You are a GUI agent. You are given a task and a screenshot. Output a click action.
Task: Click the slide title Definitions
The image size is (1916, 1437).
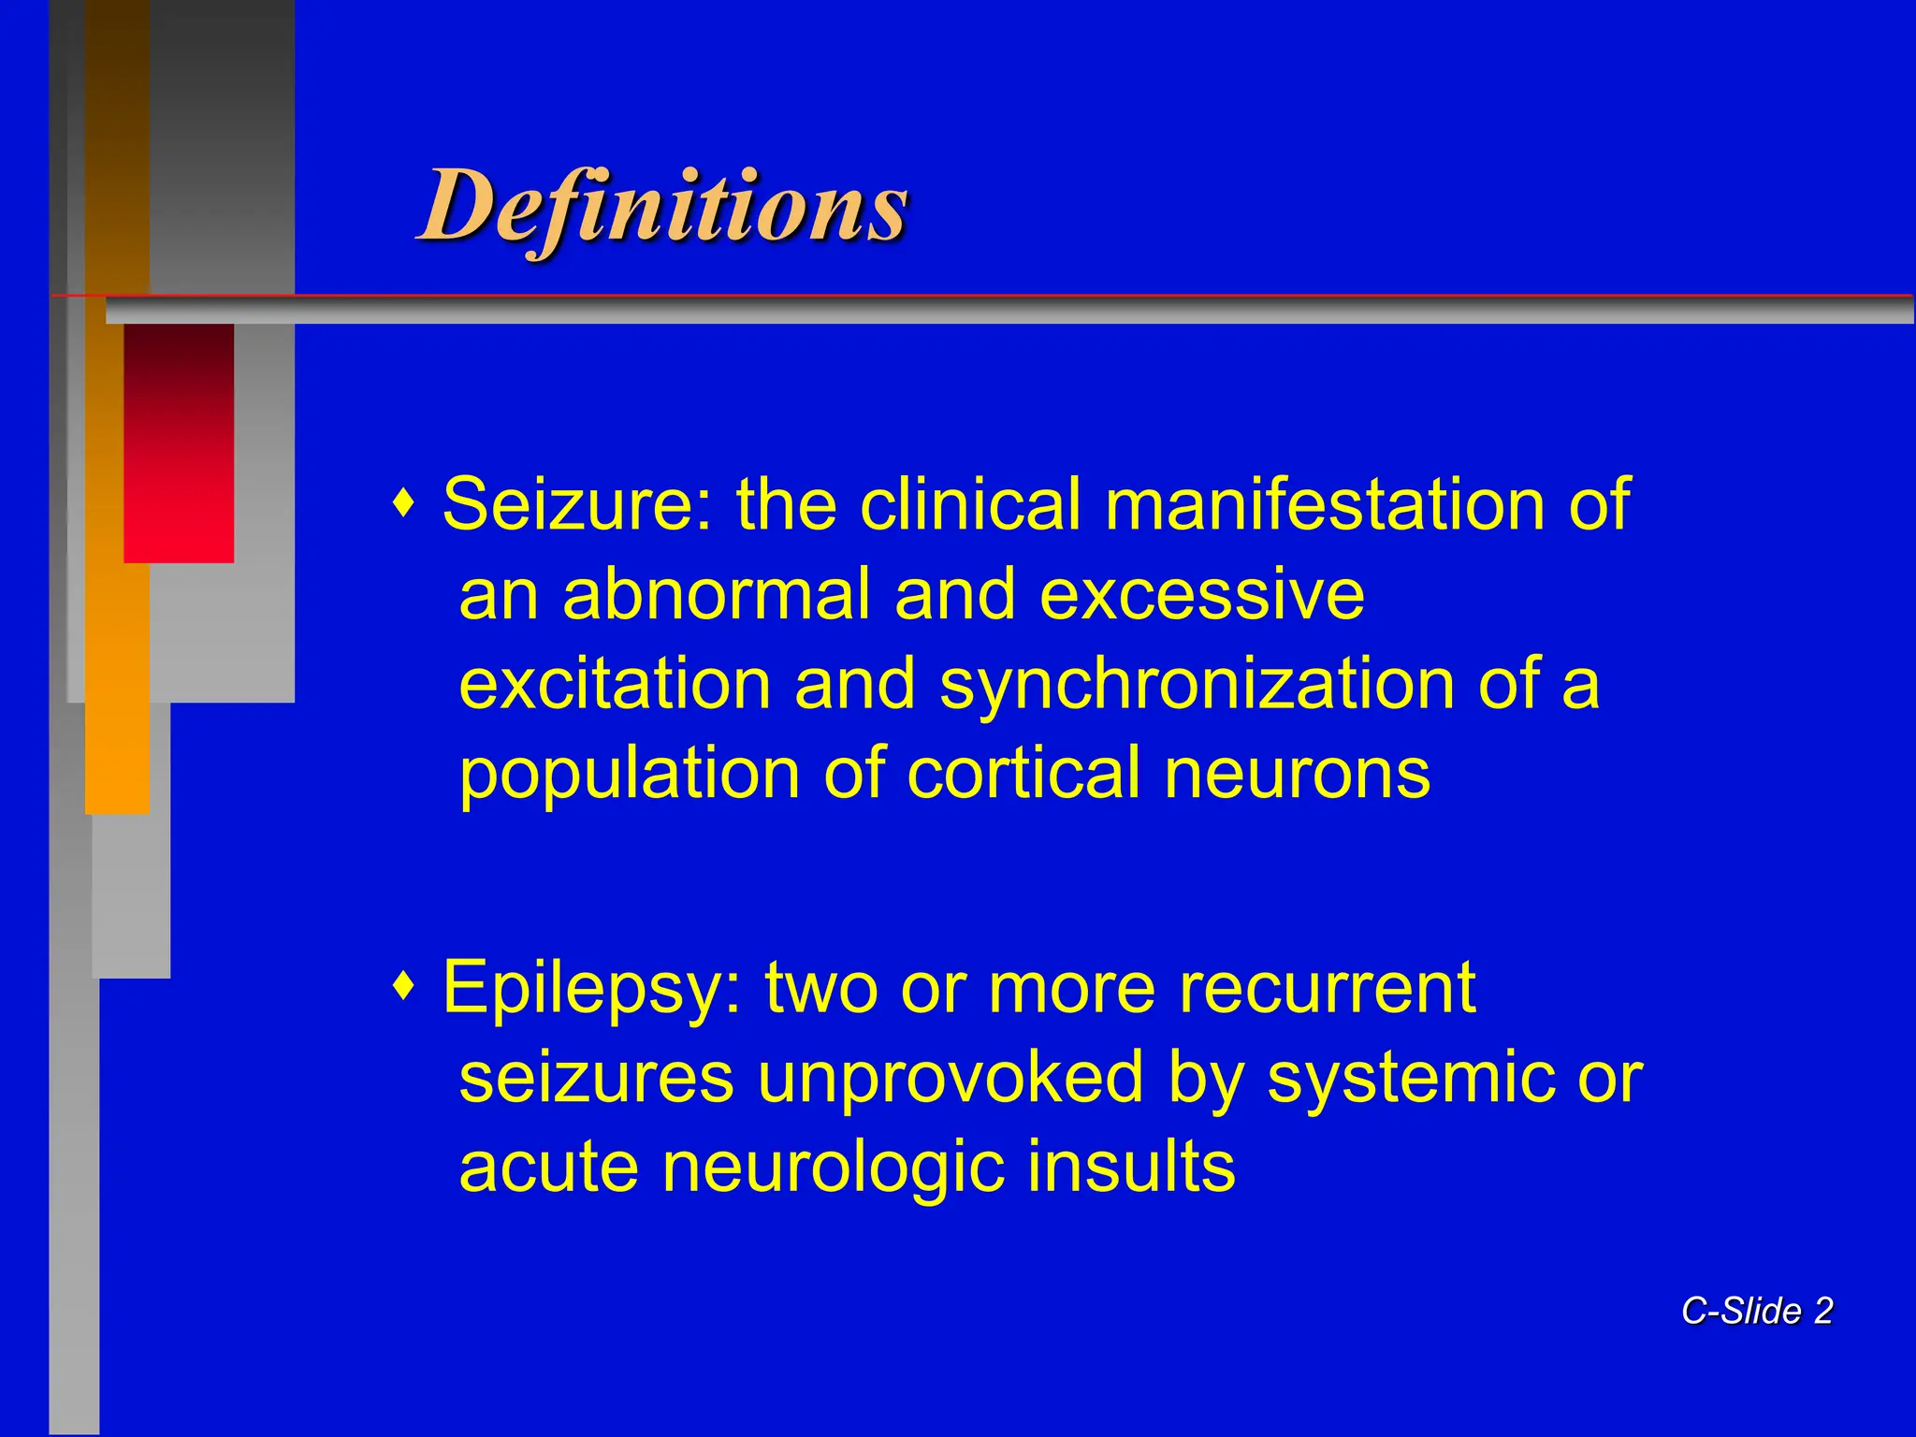pos(662,206)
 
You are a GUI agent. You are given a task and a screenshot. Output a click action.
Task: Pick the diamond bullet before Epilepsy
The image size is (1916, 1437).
pos(404,986)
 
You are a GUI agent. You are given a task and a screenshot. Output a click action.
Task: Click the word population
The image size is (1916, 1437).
pos(629,775)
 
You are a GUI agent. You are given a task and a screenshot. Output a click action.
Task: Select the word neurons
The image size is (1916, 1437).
pos(1297,775)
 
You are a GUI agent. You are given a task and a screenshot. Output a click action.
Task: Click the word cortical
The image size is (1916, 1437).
pos(1023,775)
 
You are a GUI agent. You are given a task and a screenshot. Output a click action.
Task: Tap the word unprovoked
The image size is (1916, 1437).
pos(951,1078)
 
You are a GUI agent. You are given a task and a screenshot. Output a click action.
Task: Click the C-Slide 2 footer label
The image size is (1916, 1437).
pos(1757,1312)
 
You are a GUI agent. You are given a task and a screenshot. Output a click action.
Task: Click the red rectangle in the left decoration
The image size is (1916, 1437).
pos(179,443)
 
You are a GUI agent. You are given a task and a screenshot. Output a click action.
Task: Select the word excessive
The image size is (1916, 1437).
pos(1201,595)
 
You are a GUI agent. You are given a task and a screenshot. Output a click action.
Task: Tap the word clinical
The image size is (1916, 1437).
pos(969,505)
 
